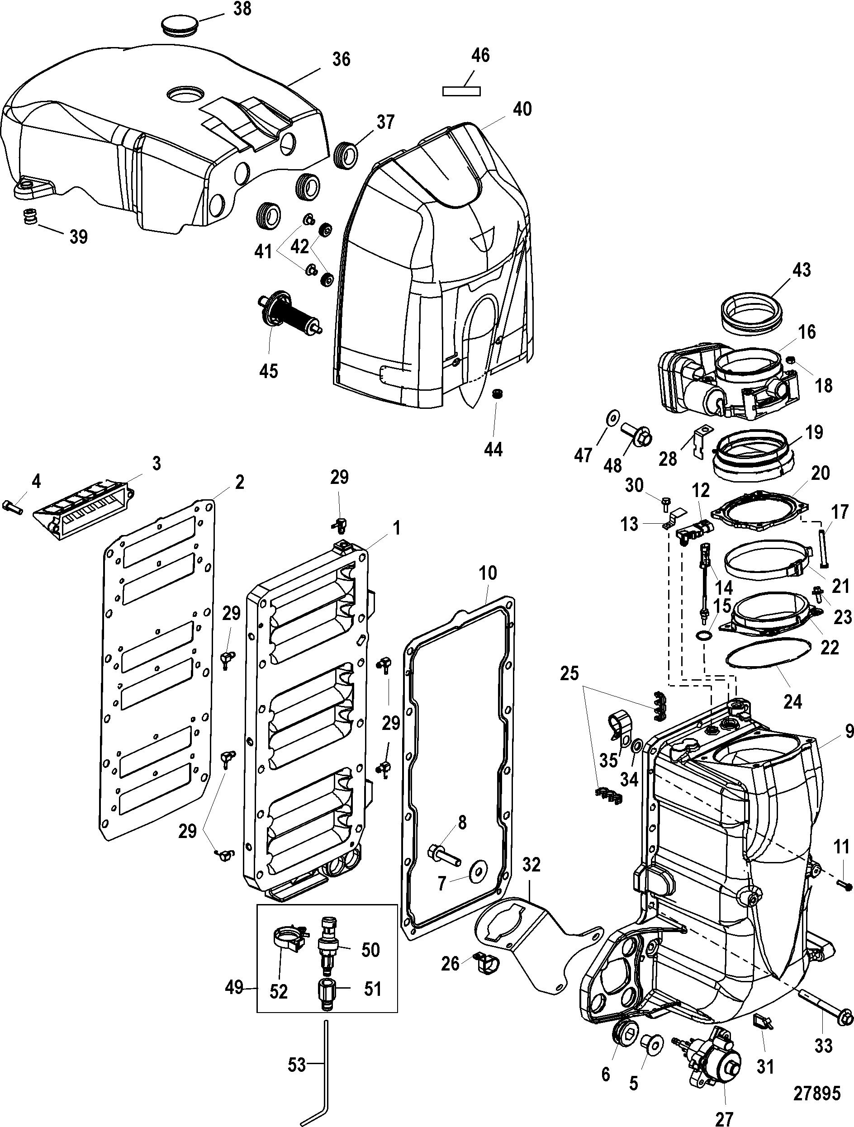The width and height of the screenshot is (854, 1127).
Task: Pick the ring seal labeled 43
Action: [752, 311]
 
